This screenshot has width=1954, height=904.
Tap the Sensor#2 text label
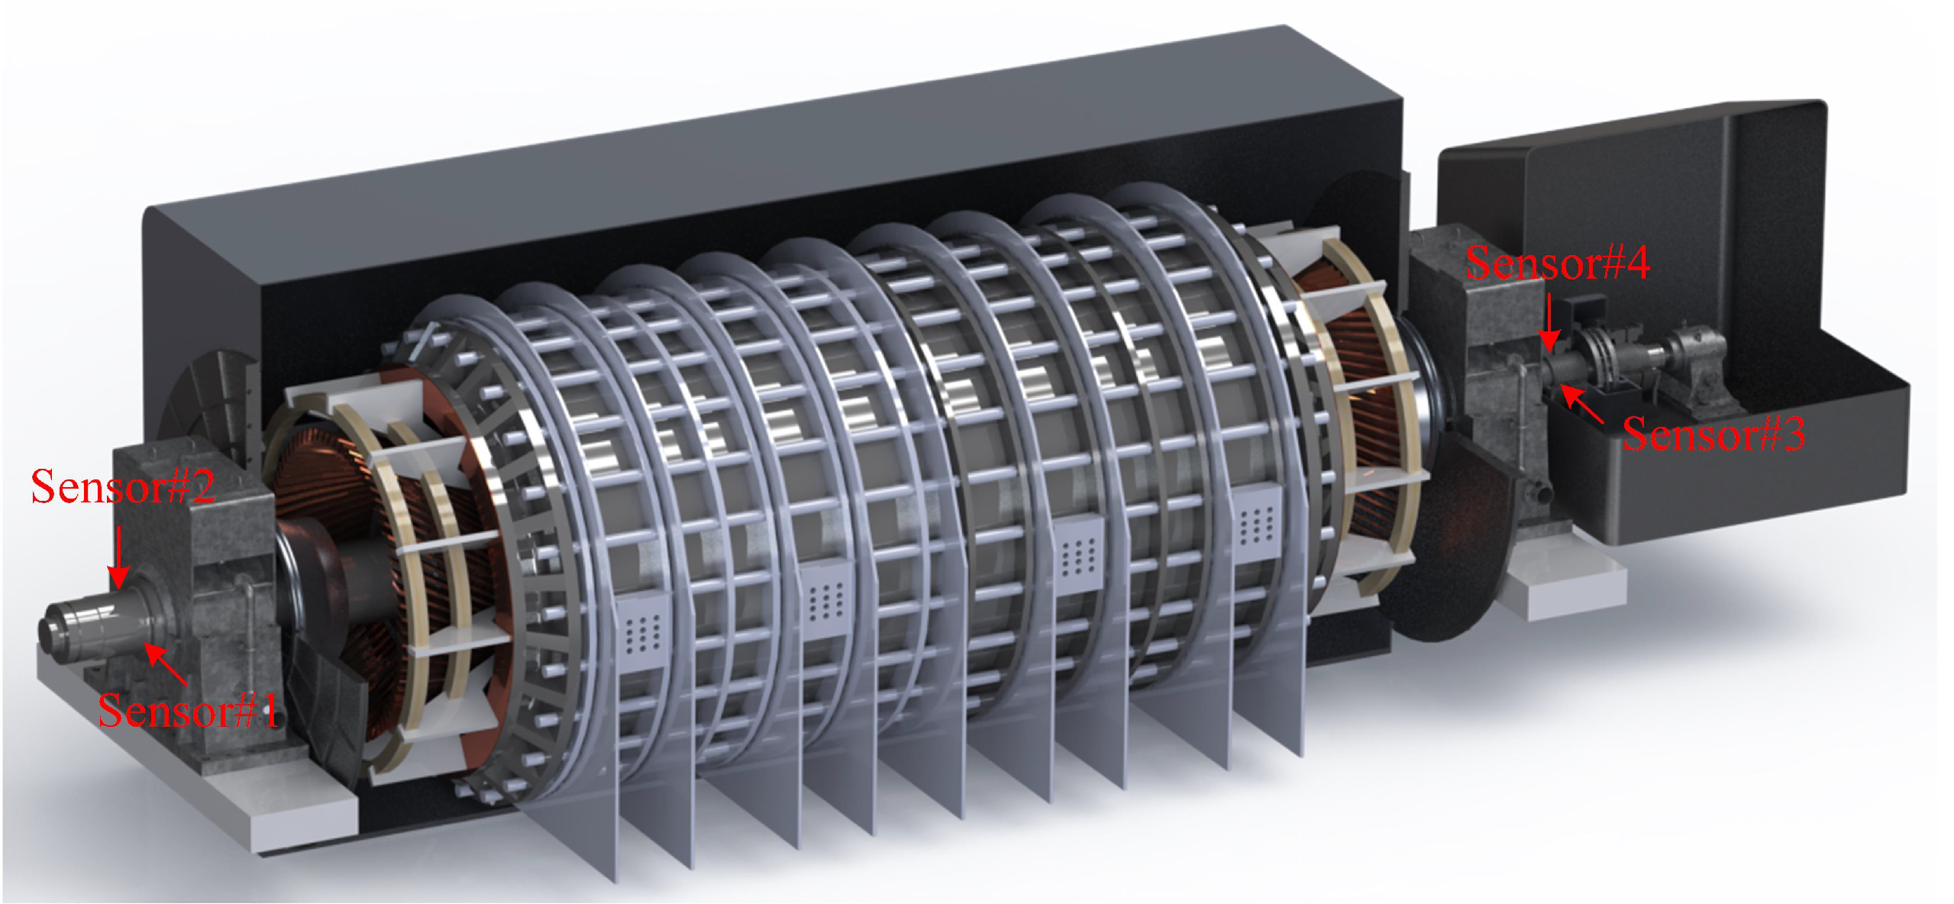123,486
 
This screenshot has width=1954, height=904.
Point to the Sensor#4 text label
1558,263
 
